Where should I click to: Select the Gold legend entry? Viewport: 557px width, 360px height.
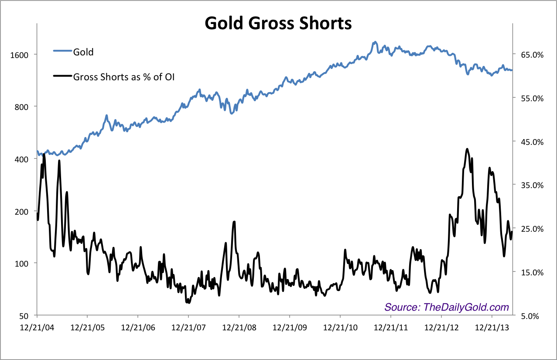click(83, 52)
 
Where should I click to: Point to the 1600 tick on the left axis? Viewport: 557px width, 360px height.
click(20, 55)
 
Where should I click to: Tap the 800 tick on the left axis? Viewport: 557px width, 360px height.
click(22, 107)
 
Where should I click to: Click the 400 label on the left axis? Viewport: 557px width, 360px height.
click(22, 159)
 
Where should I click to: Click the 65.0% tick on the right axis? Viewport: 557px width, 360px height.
click(532, 55)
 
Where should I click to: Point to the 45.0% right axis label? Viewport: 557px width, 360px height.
click(532, 142)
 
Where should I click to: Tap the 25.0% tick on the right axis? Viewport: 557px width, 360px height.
click(532, 229)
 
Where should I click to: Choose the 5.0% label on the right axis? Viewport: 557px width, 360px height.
click(533, 315)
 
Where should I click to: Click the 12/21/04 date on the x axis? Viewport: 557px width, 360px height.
click(37, 327)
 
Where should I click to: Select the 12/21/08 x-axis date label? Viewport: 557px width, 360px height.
click(239, 327)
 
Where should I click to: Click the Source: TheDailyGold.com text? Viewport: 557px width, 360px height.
click(447, 307)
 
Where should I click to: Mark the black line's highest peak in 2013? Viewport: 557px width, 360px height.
click(467, 149)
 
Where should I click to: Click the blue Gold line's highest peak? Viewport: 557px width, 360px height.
click(375, 42)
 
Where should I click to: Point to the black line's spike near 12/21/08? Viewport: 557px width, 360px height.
click(234, 222)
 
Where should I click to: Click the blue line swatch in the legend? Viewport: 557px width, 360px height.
click(62, 51)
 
